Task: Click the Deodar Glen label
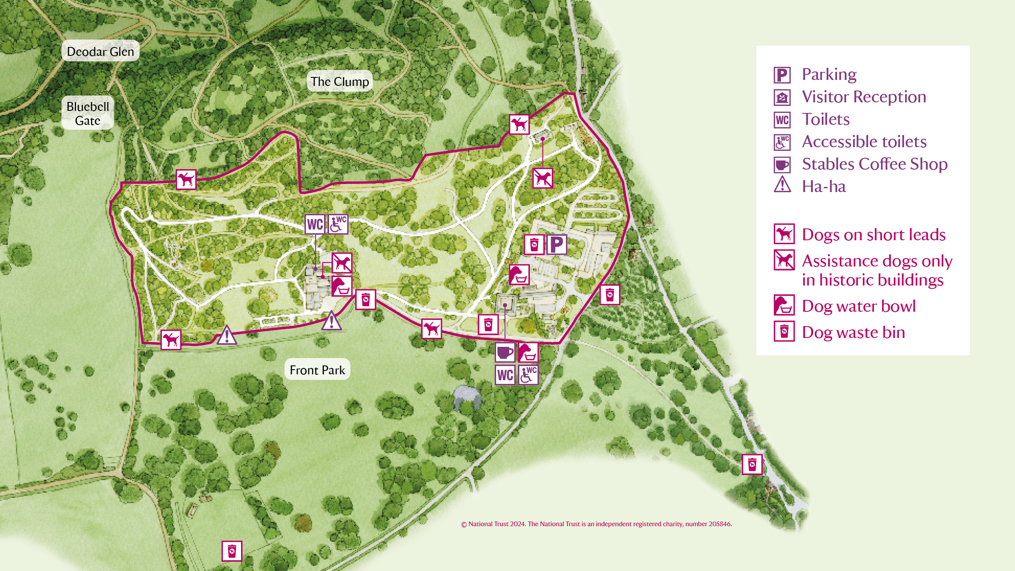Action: pyautogui.click(x=100, y=52)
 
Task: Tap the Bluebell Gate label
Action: pyautogui.click(x=88, y=113)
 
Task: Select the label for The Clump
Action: pyautogui.click(x=340, y=81)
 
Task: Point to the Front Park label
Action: pyautogui.click(x=317, y=370)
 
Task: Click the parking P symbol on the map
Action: pyautogui.click(x=557, y=244)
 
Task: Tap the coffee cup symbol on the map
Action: pyautogui.click(x=505, y=352)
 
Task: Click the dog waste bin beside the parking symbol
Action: pyautogui.click(x=534, y=244)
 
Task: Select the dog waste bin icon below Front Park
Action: pyautogui.click(x=232, y=551)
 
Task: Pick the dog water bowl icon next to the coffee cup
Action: pyautogui.click(x=528, y=352)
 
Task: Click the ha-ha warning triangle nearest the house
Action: pyautogui.click(x=332, y=321)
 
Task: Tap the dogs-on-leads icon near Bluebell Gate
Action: pyautogui.click(x=186, y=180)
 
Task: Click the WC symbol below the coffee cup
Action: pyautogui.click(x=505, y=375)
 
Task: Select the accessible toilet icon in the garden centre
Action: pyautogui.click(x=338, y=224)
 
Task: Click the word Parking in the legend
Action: pyautogui.click(x=829, y=74)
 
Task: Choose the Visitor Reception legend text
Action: pyautogui.click(x=864, y=97)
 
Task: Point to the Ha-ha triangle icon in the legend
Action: pyautogui.click(x=782, y=185)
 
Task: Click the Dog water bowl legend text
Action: pyautogui.click(x=859, y=306)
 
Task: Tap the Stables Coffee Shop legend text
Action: pyautogui.click(x=875, y=164)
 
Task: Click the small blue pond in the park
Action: pyautogui.click(x=466, y=396)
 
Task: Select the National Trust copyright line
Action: pyautogui.click(x=596, y=524)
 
